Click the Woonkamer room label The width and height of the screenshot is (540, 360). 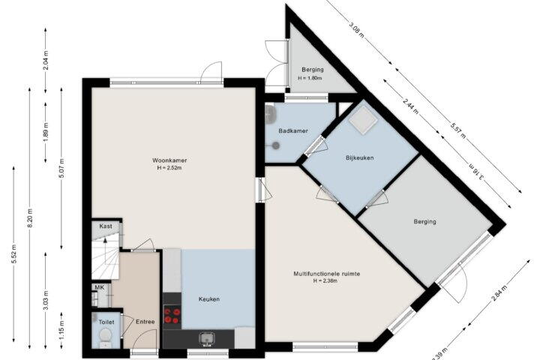(169, 160)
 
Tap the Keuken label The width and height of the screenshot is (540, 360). (209, 299)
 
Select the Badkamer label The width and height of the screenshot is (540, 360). (293, 131)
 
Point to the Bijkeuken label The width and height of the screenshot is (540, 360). (359, 157)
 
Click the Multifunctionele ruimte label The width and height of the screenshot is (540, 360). (327, 274)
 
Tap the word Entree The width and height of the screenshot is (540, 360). (145, 322)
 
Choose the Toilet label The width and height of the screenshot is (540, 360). (106, 322)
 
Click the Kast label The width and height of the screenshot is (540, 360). (106, 226)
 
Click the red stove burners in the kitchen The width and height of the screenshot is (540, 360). (172, 316)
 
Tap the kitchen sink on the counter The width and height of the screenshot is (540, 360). (207, 339)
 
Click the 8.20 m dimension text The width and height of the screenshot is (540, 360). (30, 217)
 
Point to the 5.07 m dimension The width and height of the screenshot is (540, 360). (61, 168)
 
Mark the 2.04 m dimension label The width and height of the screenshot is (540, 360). (46, 60)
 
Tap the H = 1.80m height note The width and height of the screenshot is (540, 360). (310, 78)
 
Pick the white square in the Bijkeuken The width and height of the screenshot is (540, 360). (362, 120)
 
